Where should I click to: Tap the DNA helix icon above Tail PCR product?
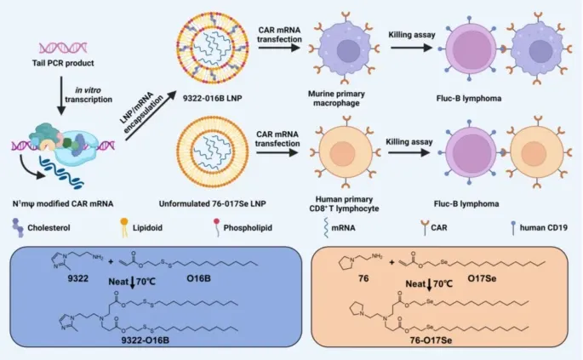point(66,39)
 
